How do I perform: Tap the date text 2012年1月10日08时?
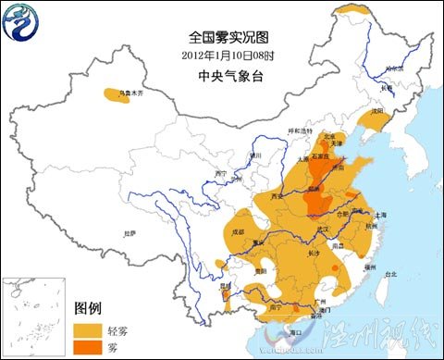pos(222,55)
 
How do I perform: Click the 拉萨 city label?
pos(129,234)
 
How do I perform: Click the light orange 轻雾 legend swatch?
pos(89,329)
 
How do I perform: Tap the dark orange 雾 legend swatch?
pos(89,347)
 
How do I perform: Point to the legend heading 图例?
pos(88,309)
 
